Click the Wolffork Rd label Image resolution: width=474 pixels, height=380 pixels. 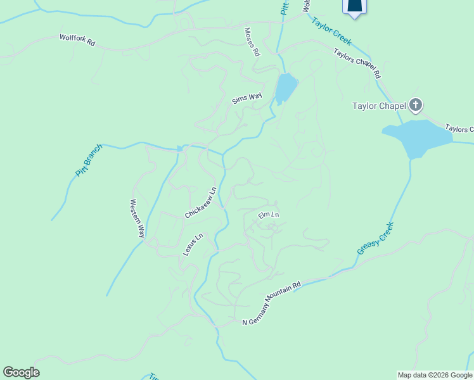(77, 40)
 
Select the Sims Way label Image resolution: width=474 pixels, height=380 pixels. (247, 99)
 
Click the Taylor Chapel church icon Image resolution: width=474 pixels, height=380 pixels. (416, 105)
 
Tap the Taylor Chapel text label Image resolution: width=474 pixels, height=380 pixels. (379, 106)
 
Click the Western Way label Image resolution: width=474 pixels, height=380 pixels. (137, 218)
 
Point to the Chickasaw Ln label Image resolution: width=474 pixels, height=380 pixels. (201, 203)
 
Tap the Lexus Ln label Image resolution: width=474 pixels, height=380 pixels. (193, 244)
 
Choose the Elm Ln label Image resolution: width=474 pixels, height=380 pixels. (269, 215)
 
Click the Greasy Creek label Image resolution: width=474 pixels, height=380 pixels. (375, 238)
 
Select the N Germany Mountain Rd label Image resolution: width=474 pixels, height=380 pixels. (272, 304)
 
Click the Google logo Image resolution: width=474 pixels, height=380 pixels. (21, 372)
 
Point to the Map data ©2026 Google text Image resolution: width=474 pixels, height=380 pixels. (435, 375)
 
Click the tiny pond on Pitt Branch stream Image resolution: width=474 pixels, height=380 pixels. (181, 149)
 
